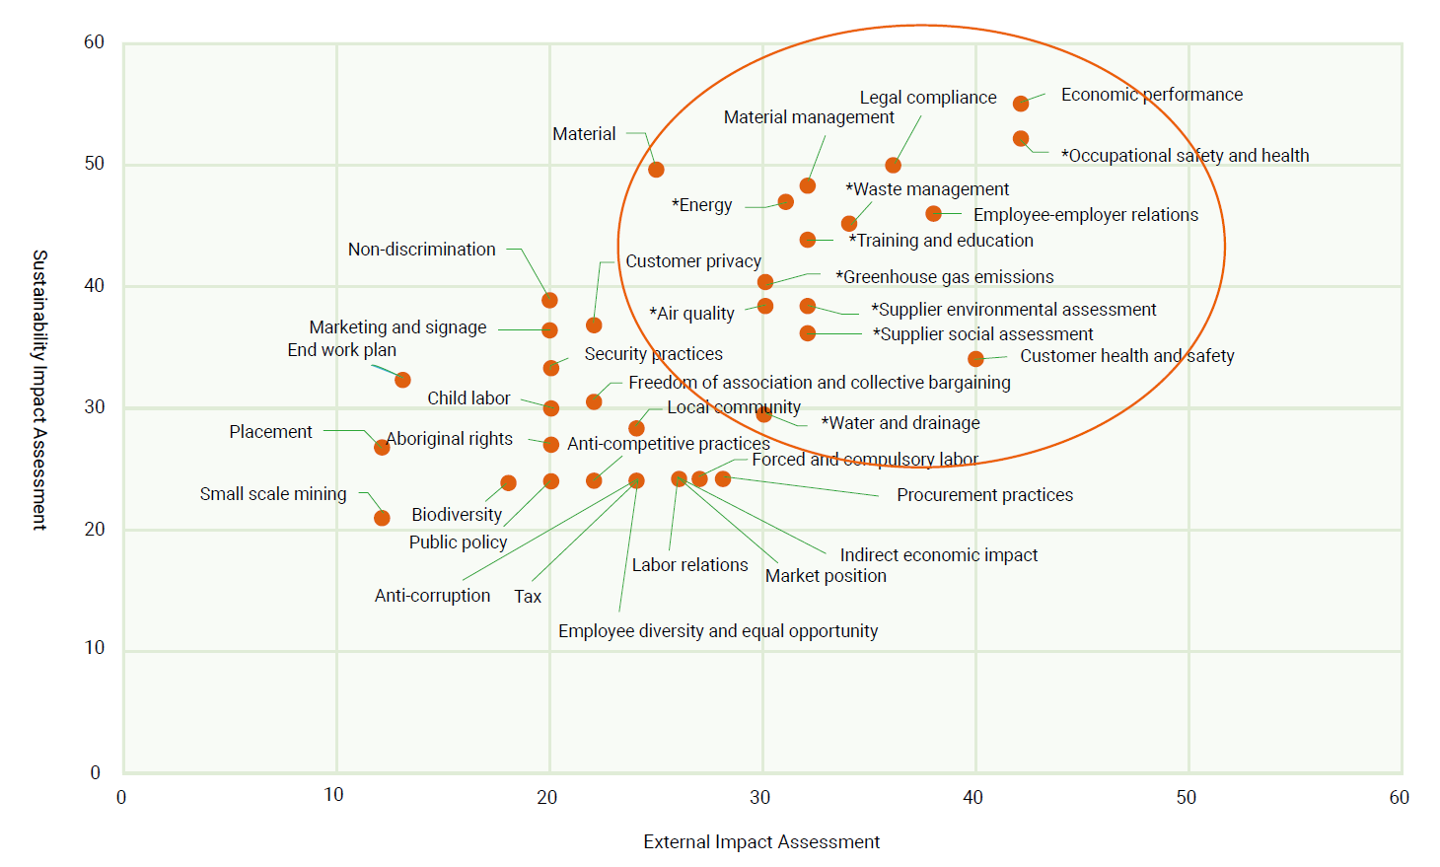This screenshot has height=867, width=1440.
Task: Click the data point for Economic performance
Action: tap(1021, 104)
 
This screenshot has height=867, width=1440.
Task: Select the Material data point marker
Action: tap(656, 170)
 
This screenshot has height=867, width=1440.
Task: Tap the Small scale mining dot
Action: tap(382, 518)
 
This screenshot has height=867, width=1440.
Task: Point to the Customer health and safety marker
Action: tap(975, 359)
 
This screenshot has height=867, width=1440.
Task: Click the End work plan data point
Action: tap(402, 380)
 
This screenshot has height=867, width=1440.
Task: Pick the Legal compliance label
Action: tap(927, 98)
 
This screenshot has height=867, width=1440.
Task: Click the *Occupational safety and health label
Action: tap(1185, 156)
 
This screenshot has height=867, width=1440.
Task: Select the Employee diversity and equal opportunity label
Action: tap(717, 631)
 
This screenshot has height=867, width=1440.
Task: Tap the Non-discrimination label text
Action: tap(421, 250)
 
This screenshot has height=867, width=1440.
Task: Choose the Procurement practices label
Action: tap(984, 495)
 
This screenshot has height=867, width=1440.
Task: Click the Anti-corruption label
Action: tap(432, 596)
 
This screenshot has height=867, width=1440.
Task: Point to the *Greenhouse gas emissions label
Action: tap(944, 277)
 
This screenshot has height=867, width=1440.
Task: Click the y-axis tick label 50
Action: tap(94, 164)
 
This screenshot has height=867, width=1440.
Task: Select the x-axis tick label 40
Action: tap(972, 797)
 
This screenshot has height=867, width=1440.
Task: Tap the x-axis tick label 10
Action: tap(333, 795)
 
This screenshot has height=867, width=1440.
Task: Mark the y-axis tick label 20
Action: tap(94, 530)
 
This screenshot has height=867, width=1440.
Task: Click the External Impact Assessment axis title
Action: tap(761, 842)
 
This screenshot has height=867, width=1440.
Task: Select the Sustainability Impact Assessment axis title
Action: tap(39, 390)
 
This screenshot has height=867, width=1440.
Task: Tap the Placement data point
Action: tap(382, 447)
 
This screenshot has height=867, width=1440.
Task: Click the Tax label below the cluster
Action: tap(528, 597)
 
